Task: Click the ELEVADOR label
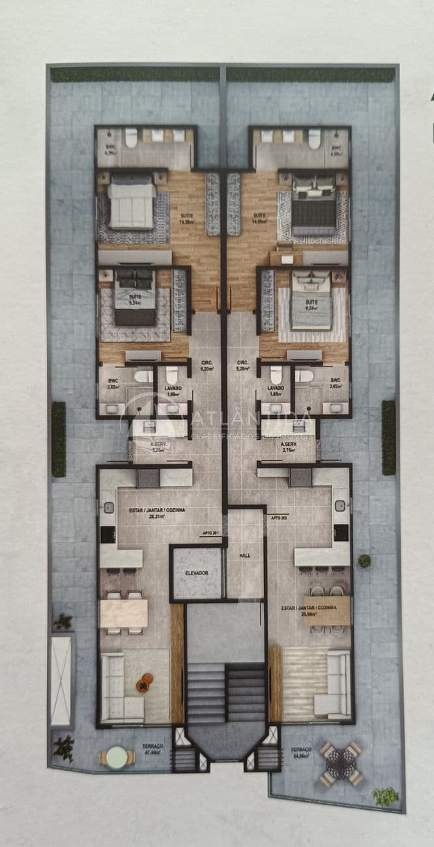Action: (x=196, y=572)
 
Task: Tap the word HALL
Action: (x=244, y=555)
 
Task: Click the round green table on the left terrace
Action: (x=116, y=756)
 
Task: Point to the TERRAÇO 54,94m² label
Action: (x=302, y=753)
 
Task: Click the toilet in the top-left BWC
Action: (x=131, y=137)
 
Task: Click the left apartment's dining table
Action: (x=124, y=612)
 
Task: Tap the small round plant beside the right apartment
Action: (x=364, y=560)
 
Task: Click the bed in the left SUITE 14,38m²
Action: (x=132, y=203)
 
